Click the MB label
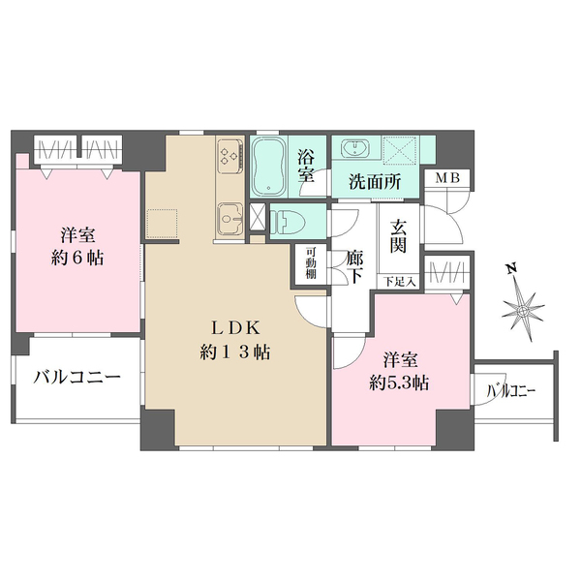(447, 178)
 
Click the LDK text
(234, 326)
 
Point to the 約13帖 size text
(234, 352)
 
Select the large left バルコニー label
(77, 378)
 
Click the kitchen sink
(231, 221)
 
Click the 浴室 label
(307, 166)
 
